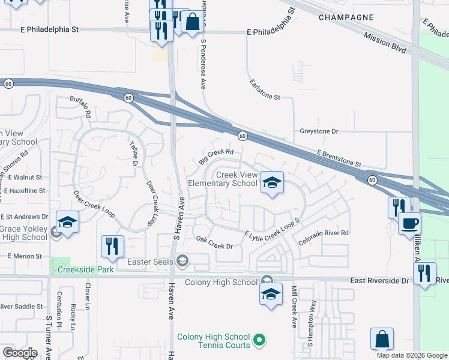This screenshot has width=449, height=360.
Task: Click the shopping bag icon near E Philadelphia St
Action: coord(192,23)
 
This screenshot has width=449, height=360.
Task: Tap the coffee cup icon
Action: coord(409,223)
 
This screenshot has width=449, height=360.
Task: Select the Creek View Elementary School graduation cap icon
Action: coord(271,182)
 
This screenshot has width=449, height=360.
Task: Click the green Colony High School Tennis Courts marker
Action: coord(259,341)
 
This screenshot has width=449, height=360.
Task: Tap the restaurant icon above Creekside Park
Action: coord(112,245)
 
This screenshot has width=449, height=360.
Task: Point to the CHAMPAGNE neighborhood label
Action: coord(346,18)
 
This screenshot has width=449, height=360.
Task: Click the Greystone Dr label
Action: coord(319,131)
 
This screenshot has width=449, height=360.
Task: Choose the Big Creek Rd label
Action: coord(215,157)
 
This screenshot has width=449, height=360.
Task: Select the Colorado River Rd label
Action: coord(324,237)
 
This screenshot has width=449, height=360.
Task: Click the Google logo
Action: coord(20,353)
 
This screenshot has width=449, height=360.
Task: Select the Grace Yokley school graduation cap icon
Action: coord(67,221)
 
